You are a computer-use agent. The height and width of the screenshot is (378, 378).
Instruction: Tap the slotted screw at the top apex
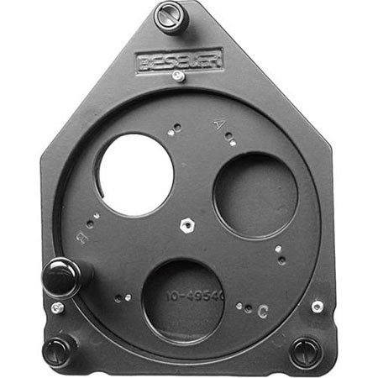(x=171, y=16)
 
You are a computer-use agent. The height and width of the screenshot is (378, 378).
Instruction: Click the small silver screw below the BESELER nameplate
(x=177, y=76)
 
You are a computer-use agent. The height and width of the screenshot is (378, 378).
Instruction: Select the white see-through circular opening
(x=134, y=174)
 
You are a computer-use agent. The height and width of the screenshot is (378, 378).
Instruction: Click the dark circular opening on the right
(x=255, y=195)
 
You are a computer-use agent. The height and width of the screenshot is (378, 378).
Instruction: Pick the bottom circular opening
(x=183, y=301)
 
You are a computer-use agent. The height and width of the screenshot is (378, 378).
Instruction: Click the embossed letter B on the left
(x=81, y=238)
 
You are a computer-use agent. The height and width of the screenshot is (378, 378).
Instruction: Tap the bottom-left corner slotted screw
(x=56, y=349)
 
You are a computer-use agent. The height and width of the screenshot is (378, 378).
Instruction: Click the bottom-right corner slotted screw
(x=305, y=349)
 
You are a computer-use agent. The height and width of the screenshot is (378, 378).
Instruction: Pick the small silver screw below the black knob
(x=56, y=307)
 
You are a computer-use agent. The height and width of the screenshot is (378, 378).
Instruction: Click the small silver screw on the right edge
(x=317, y=307)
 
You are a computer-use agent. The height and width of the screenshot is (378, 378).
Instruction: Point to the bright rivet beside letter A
(x=233, y=143)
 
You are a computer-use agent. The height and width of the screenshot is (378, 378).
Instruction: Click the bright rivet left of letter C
(x=247, y=307)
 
